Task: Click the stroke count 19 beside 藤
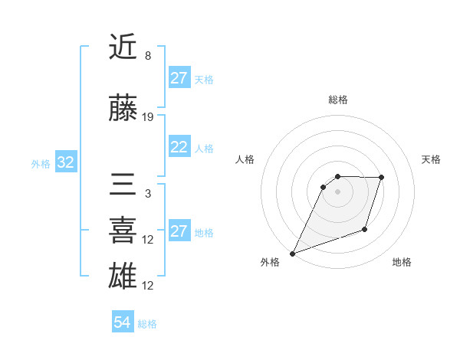point(148,117)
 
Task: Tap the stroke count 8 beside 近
point(148,56)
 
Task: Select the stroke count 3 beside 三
point(148,194)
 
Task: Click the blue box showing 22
point(179,148)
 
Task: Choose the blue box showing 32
point(66,163)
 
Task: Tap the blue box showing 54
point(122,322)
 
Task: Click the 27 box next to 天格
point(179,78)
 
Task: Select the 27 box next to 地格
point(179,231)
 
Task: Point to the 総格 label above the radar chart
point(337,100)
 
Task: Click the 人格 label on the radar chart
point(245,159)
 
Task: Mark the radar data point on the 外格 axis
point(292,253)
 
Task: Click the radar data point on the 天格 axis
point(382,178)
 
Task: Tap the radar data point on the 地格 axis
point(366,229)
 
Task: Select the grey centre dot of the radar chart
point(337,191)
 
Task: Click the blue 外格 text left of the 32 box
point(41,164)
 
